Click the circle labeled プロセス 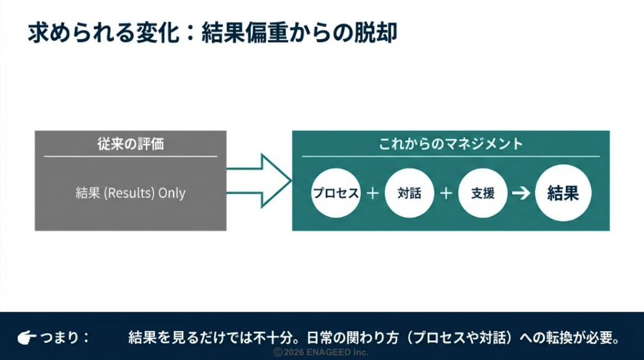pyautogui.click(x=335, y=193)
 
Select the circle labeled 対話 pyautogui.click(x=409, y=193)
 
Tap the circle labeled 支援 pyautogui.click(x=483, y=193)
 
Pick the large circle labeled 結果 pyautogui.click(x=563, y=193)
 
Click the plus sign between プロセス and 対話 pyautogui.click(x=373, y=193)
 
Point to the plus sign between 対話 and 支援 pyautogui.click(x=446, y=193)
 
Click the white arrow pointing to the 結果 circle pyautogui.click(x=522, y=193)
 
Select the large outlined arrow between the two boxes pyautogui.click(x=259, y=181)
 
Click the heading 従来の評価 pyautogui.click(x=130, y=143)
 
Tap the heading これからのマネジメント pyautogui.click(x=451, y=143)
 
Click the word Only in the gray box pyautogui.click(x=172, y=193)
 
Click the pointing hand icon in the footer pyautogui.click(x=28, y=337)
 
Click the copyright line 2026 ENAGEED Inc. pyautogui.click(x=322, y=352)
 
